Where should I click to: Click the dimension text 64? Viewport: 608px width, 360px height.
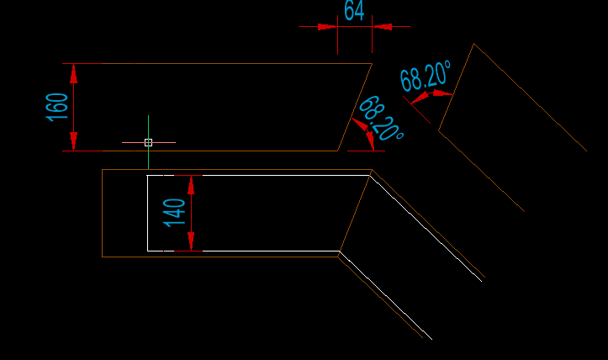coord(354,11)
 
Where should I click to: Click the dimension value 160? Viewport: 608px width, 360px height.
coord(57,107)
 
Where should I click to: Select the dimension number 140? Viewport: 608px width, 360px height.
coord(174,212)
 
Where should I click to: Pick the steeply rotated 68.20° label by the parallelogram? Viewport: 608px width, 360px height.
coord(381,119)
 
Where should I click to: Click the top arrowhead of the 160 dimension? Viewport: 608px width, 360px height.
coord(73,74)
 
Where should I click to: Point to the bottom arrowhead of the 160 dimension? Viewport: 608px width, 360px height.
coord(73,140)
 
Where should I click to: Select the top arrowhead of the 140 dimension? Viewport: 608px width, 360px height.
coord(191,185)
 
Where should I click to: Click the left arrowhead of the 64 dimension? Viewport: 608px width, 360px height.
coord(327,27)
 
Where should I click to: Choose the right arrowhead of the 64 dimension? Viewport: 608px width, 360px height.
coord(383,27)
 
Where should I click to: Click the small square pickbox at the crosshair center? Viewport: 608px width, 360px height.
coord(148,142)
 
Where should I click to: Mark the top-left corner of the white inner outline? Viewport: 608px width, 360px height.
coord(147,175)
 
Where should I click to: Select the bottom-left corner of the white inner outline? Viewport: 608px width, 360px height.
coord(147,251)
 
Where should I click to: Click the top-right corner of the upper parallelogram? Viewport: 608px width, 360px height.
coord(372,64)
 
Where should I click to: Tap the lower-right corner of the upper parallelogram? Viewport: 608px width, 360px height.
coord(338,151)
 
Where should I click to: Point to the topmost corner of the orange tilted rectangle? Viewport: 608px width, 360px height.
coord(474,44)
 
